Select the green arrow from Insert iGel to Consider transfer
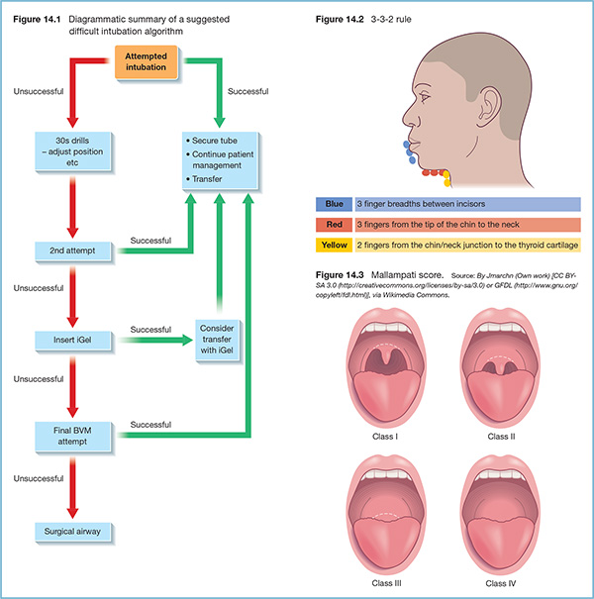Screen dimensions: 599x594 point(158,342)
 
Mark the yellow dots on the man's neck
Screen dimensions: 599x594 point(446,178)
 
